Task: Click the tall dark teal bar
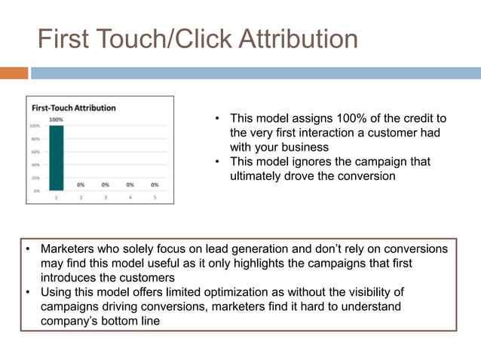[57, 158]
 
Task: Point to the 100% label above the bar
[57, 119]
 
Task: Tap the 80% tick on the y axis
[35, 139]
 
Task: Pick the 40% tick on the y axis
[35, 164]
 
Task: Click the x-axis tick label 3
[106, 197]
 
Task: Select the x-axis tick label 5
[155, 197]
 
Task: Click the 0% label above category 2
[81, 184]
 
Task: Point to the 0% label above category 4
[130, 184]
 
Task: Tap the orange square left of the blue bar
[14, 73]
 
